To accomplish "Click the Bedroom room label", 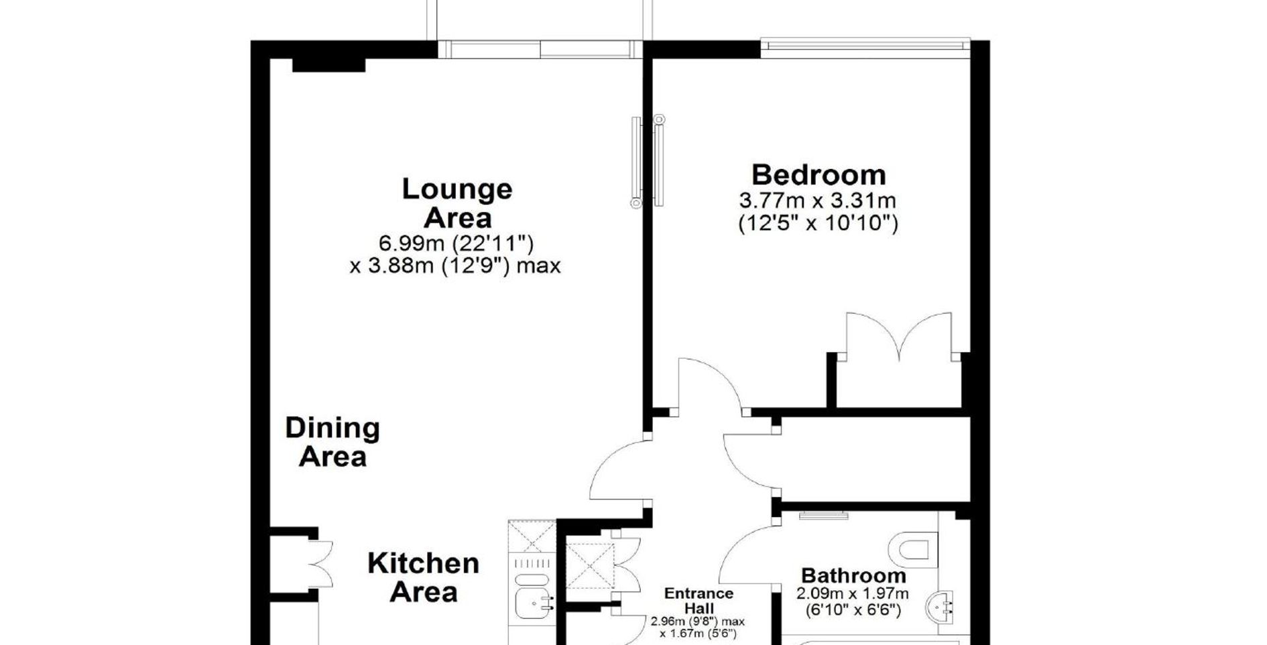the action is (819, 175).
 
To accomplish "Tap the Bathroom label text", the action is (853, 576).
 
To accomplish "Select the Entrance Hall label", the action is (699, 601).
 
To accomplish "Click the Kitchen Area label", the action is (423, 578).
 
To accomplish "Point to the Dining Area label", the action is (333, 443).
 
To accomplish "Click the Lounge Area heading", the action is (457, 203).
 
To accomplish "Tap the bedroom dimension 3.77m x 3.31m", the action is (817, 200).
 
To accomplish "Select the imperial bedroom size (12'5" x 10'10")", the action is (818, 223).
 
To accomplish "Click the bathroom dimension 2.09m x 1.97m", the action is (853, 594).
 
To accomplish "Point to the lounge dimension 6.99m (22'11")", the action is (456, 243).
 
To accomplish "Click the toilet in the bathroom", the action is (913, 548).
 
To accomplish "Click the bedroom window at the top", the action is (865, 44).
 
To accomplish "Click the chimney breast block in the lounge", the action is (328, 65).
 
